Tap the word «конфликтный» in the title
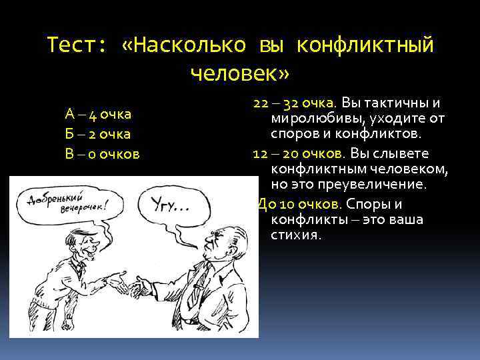[x=365, y=45]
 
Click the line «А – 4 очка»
[x=98, y=114]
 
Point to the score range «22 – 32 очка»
[x=294, y=104]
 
